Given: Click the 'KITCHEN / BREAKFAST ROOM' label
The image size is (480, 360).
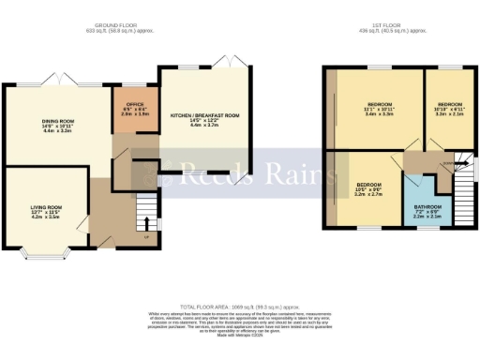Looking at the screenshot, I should [x=204, y=115].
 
